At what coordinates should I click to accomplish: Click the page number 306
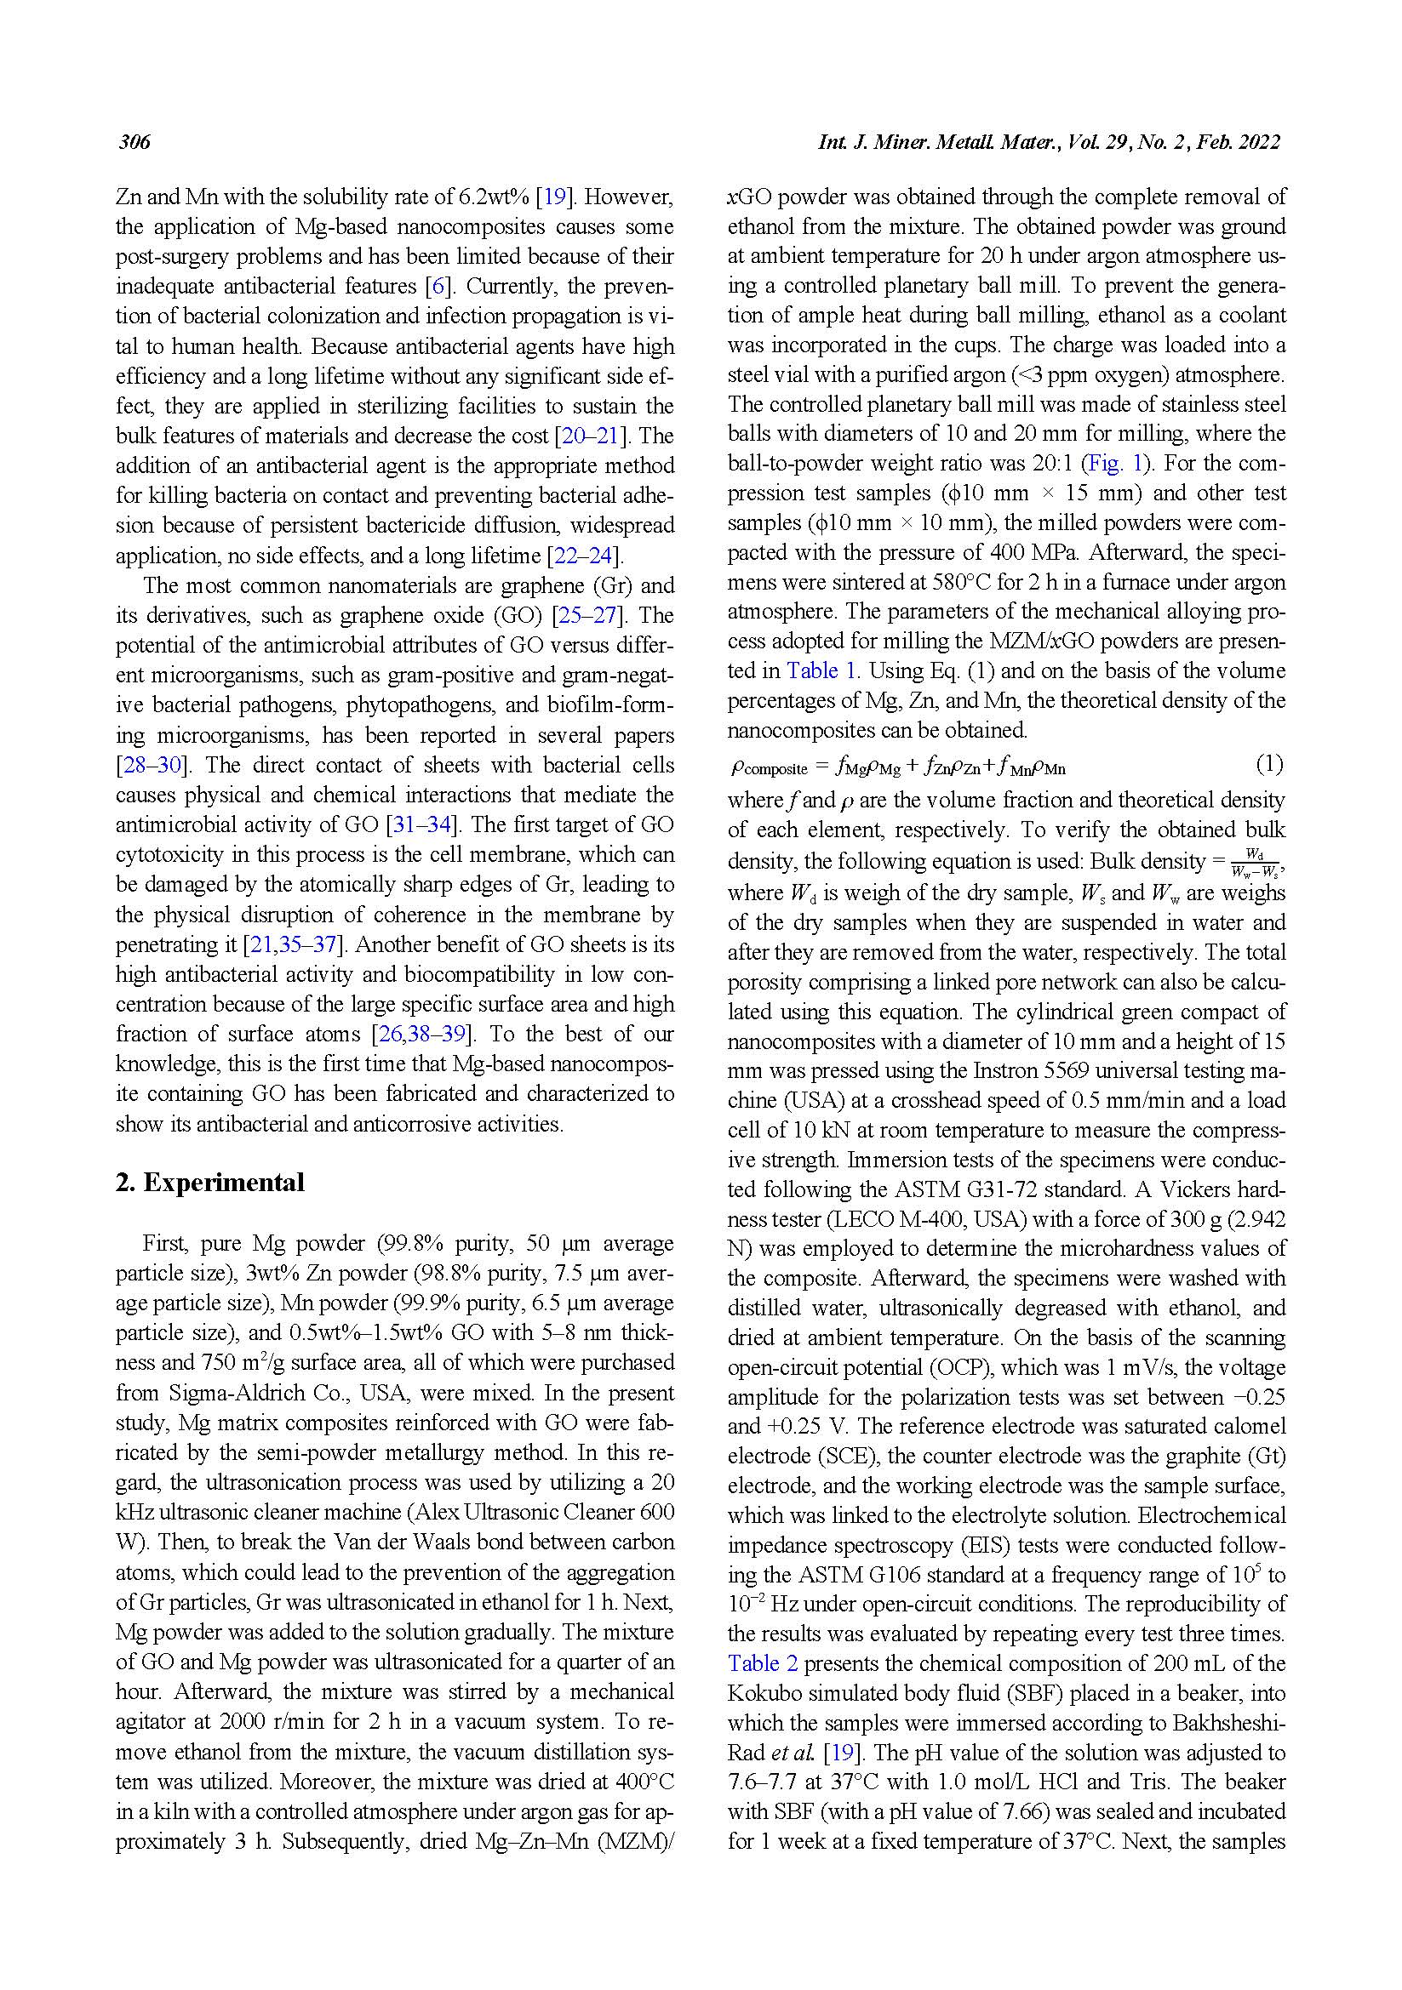[x=134, y=142]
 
